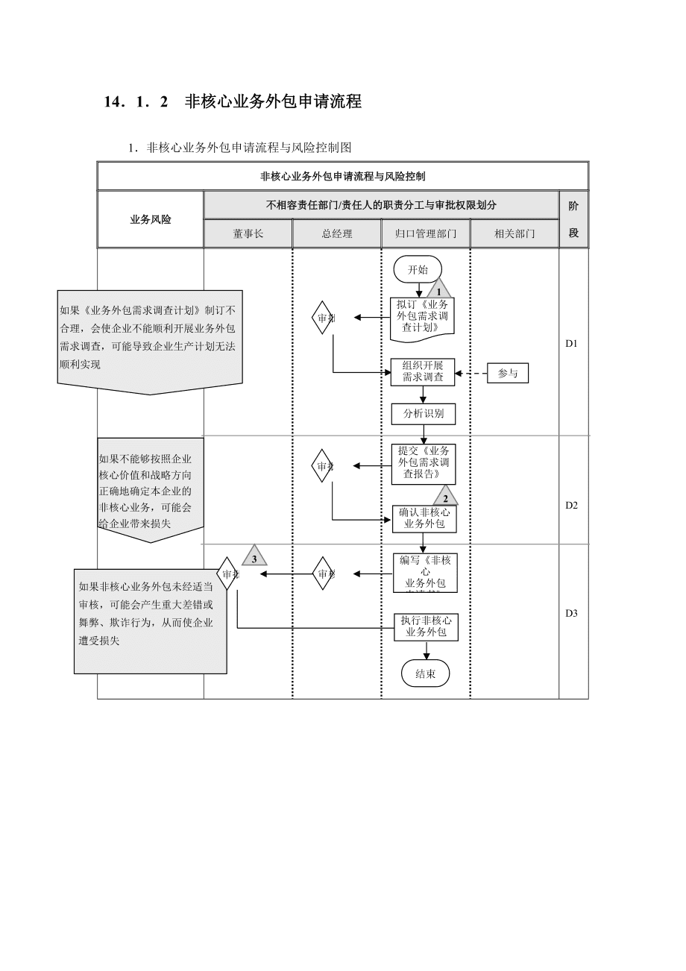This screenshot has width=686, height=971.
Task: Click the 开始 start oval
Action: pos(418,270)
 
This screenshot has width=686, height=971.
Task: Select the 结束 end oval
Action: pos(426,673)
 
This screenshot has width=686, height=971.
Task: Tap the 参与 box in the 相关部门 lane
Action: pos(508,373)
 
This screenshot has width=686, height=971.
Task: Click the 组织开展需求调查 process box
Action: pos(423,371)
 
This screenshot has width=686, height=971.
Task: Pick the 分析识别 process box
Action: pos(424,413)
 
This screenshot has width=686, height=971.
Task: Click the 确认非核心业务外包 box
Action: pos(424,518)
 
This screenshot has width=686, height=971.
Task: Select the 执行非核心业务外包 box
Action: pos(426,626)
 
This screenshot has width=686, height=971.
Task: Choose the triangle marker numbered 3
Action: pos(254,557)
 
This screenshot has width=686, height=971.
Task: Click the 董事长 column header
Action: pos(248,233)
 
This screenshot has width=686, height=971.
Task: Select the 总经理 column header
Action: pos(337,233)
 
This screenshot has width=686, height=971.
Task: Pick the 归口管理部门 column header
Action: pos(426,233)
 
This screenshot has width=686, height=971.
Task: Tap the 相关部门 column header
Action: pos(514,233)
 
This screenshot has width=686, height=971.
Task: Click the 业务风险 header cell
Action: pos(151,219)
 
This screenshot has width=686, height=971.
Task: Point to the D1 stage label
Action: pos(572,344)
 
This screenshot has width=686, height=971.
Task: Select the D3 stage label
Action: pos(572,613)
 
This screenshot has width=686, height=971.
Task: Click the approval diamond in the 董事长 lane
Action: pos(227,574)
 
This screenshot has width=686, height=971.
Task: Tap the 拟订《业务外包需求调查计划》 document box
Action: pos(423,316)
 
